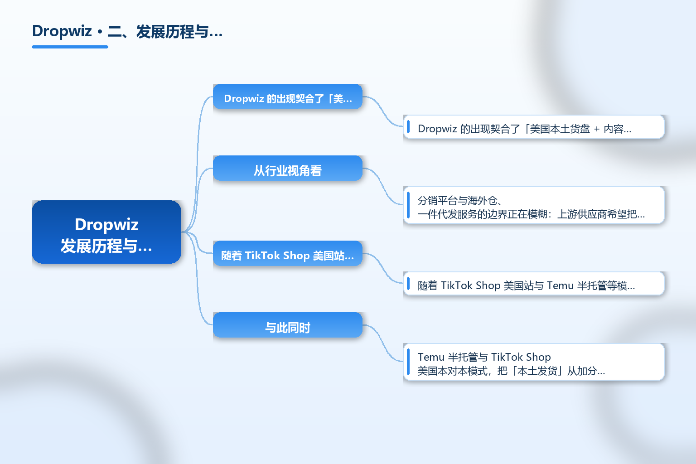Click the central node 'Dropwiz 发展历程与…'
tap(106, 232)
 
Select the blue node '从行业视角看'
tap(288, 168)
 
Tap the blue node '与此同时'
tap(288, 325)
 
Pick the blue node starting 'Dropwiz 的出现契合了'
tap(288, 97)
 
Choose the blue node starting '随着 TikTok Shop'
tap(288, 253)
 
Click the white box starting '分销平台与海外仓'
tap(534, 205)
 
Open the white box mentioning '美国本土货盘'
tap(534, 127)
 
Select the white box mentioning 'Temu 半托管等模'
tap(534, 284)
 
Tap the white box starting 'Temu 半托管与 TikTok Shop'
tap(534, 362)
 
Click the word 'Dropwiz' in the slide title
tap(62, 32)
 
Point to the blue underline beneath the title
tap(70, 47)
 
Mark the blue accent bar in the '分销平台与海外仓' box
tap(408, 205)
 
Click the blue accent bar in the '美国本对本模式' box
tap(408, 362)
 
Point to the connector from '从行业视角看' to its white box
tap(383, 187)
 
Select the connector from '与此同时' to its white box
tap(383, 343)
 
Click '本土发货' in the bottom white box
tap(537, 371)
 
